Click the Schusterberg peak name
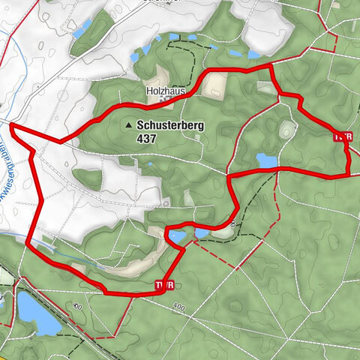pyautogui.click(x=170, y=127)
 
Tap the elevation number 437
pyautogui.click(x=146, y=139)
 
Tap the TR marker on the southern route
pyautogui.click(x=164, y=285)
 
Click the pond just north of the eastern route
pyautogui.click(x=265, y=160)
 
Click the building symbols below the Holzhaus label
pyautogui.click(x=175, y=98)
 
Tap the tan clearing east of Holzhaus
pyautogui.click(x=213, y=84)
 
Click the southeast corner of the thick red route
pyautogui.click(x=349, y=174)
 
